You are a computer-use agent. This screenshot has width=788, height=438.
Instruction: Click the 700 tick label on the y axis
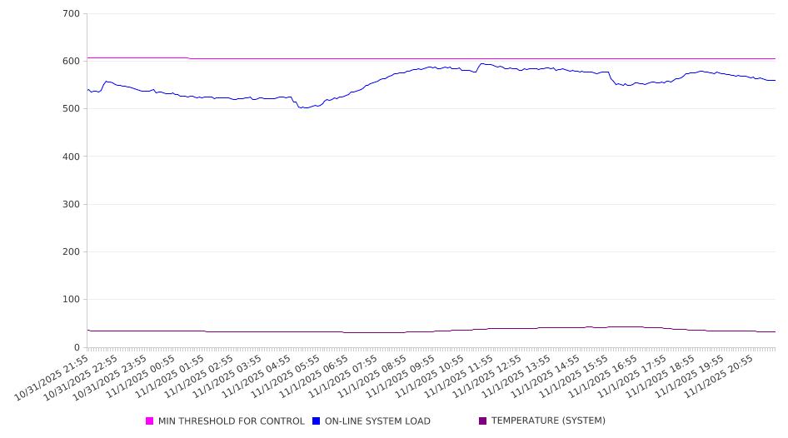click(x=71, y=14)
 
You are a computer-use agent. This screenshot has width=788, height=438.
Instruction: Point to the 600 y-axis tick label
click(x=71, y=62)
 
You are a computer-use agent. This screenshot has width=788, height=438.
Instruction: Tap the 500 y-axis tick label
click(x=71, y=109)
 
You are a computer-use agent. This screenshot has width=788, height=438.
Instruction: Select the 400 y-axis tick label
click(x=71, y=157)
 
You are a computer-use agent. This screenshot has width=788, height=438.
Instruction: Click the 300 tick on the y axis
click(x=71, y=205)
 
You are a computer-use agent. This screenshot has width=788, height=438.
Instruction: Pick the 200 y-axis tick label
click(x=71, y=252)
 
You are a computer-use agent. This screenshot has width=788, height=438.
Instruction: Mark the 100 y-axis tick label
click(x=71, y=300)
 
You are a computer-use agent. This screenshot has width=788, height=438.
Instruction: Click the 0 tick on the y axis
click(x=77, y=347)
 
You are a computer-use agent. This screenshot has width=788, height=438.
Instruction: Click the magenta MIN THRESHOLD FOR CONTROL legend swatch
click(x=150, y=421)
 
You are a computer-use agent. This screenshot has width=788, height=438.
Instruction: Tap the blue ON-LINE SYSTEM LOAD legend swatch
click(x=317, y=421)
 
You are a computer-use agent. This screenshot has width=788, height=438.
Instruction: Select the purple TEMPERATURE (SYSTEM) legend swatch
click(x=482, y=421)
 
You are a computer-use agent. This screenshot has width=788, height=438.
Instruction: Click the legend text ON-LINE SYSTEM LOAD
click(x=377, y=421)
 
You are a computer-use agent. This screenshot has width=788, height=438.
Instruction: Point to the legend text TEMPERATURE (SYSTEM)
click(x=548, y=421)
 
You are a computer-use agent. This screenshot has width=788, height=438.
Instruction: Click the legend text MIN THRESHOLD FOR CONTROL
click(x=232, y=421)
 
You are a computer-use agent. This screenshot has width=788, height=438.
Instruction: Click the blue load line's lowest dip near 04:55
click(x=303, y=107)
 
